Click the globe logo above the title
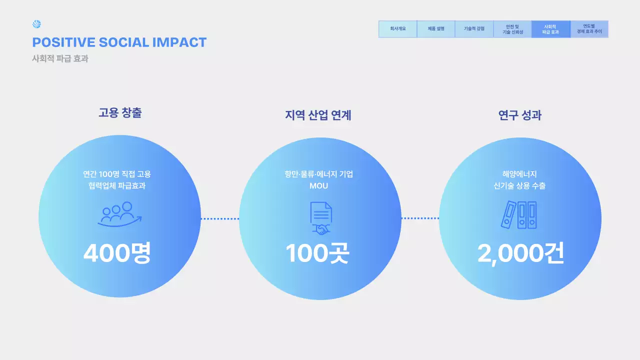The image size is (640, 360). (36, 24)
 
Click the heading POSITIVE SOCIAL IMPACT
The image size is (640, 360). (119, 42)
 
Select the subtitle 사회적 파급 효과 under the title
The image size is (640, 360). (60, 58)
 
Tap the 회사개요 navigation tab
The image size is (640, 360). (397, 29)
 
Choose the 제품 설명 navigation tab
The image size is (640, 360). (436, 29)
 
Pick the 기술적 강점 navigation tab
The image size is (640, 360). (474, 29)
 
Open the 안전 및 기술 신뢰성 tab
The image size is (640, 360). (512, 29)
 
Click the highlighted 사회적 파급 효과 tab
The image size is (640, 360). (550, 29)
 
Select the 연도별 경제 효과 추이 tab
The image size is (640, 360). (589, 29)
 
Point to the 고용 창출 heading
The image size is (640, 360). (120, 113)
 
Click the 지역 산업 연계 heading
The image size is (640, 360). (318, 115)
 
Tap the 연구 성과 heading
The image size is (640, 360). (520, 115)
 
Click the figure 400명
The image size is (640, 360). (117, 253)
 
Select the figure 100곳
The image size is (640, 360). (317, 253)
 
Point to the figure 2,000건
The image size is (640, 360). (520, 253)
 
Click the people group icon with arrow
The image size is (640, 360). (119, 214)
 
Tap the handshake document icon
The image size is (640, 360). (320, 218)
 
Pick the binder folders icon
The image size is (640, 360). (519, 215)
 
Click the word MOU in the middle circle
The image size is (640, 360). (318, 186)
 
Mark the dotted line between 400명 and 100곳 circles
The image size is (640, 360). (220, 218)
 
